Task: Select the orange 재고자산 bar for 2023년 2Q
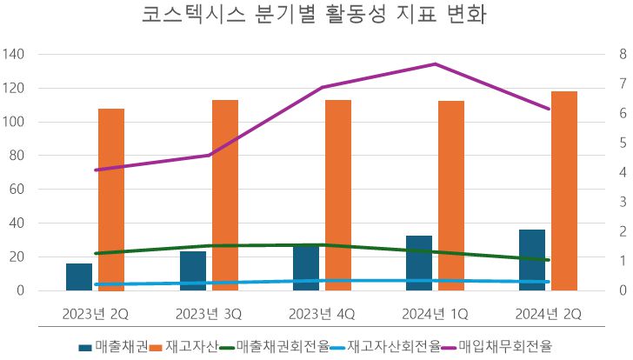point(111,199)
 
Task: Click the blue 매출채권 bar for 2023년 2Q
point(79,277)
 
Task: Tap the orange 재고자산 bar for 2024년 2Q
point(563,190)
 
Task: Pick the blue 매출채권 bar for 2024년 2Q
point(531,260)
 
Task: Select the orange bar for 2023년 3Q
point(224,195)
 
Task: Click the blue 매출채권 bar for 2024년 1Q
point(418,263)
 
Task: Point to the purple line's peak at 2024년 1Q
point(435,64)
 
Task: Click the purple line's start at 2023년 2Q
point(96,170)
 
